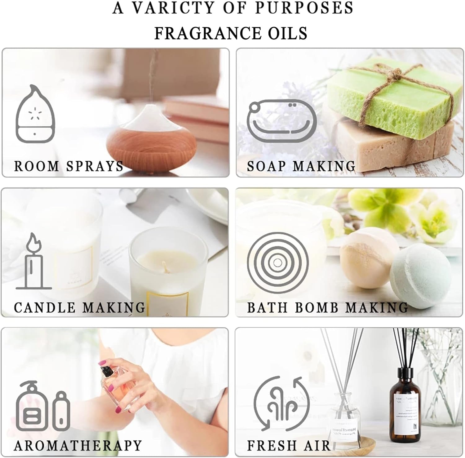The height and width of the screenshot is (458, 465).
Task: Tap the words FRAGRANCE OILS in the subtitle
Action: coord(231,33)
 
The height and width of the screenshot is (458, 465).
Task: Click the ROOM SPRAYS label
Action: coord(69,166)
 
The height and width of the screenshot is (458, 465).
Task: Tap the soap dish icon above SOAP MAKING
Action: coord(282,121)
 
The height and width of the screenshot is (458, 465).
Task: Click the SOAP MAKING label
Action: coord(301,166)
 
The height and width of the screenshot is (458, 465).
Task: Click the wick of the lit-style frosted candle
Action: coord(164,266)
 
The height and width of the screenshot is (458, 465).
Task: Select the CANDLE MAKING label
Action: coord(80,308)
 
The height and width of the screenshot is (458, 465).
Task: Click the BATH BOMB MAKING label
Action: coord(327,308)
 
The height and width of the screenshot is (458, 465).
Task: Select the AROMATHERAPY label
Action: coord(78,446)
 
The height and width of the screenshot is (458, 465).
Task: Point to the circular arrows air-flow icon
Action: coord(281,403)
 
